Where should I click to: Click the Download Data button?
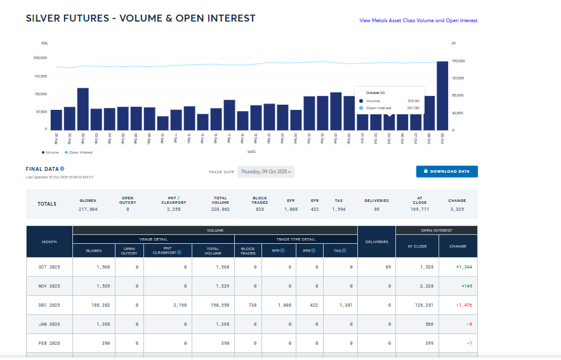pyautogui.click(x=447, y=171)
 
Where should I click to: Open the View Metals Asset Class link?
pyautogui.click(x=418, y=20)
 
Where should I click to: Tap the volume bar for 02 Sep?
pyautogui.click(x=82, y=109)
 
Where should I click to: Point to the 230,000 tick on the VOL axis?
pyautogui.click(x=40, y=58)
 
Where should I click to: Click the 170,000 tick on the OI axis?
pyautogui.click(x=458, y=61)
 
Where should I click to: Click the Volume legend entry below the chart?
pyautogui.click(x=50, y=152)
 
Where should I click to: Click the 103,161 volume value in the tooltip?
pyautogui.click(x=413, y=101)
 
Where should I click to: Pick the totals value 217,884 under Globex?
pyautogui.click(x=88, y=208)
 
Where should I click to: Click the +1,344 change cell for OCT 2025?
pyautogui.click(x=464, y=267)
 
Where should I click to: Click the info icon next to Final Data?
pyautogui.click(x=62, y=169)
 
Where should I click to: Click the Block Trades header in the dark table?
pyautogui.click(x=248, y=251)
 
